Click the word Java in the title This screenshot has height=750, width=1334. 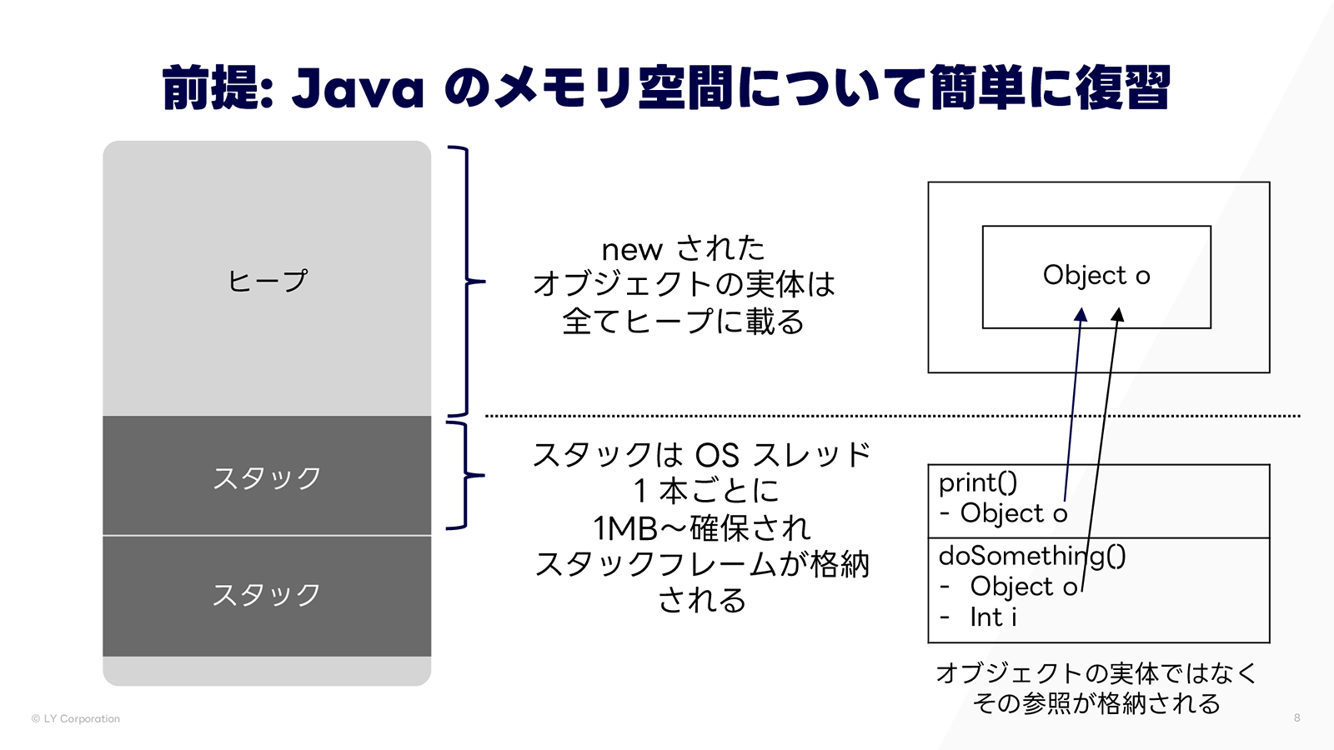(x=358, y=88)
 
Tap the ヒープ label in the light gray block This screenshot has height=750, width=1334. (x=268, y=281)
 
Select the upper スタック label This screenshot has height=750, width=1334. (x=267, y=478)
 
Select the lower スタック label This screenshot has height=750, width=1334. (x=267, y=595)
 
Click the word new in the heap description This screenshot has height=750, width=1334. (x=632, y=249)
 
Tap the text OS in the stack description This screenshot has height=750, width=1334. (x=717, y=456)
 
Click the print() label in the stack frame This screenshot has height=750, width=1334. (x=978, y=482)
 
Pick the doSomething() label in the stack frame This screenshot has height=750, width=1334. (x=1032, y=555)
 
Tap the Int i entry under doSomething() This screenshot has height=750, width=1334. (x=993, y=617)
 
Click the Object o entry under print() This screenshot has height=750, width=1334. (x=1014, y=513)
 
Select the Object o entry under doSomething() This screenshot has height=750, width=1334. (x=1024, y=587)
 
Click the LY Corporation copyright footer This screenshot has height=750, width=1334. (x=76, y=718)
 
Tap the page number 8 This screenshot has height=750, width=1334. (x=1296, y=717)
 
